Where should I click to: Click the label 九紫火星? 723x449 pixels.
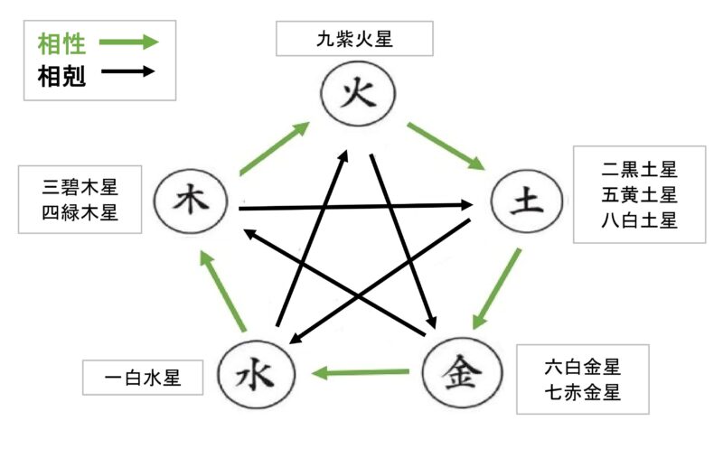coord(355,39)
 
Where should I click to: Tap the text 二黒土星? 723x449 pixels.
coord(639,169)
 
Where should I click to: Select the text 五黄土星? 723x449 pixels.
coord(639,194)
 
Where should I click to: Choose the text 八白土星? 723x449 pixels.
coord(639,220)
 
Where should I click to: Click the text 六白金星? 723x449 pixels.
coord(583,368)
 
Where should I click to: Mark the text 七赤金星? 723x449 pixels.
coord(583,393)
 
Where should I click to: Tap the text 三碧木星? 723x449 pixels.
coord(80,187)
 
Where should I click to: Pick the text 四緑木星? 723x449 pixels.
coord(80,212)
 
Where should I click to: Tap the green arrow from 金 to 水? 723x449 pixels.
coord(361,371)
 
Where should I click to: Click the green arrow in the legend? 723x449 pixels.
coord(127,42)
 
